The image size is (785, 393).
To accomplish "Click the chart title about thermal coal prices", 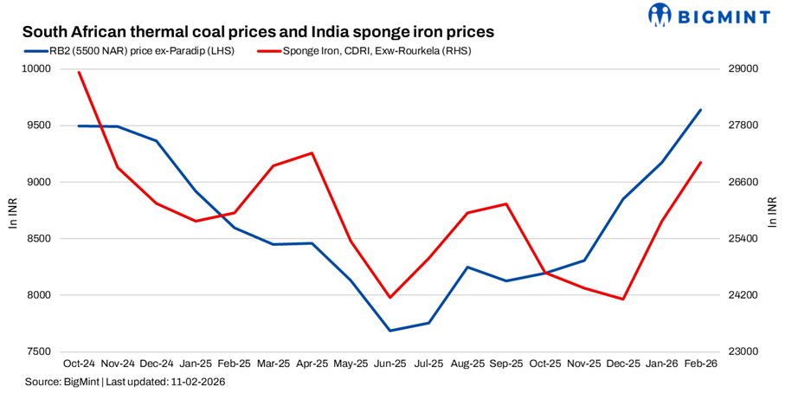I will tap(258, 31).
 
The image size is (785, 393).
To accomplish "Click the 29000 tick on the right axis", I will tap(736, 69).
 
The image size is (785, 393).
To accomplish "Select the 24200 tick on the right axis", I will tap(736, 296).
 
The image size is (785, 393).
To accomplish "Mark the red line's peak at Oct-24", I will tap(79, 72).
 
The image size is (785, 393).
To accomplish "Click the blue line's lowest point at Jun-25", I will tap(389, 331).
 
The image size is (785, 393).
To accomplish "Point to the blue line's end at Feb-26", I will tap(700, 110).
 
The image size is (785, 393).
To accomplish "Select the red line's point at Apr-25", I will tap(312, 153).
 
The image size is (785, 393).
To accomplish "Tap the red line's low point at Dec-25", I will tap(622, 300).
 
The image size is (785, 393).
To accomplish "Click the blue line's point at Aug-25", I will tap(467, 267).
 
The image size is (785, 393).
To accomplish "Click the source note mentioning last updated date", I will tap(126, 382).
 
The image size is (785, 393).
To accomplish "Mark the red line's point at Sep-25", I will tap(506, 204).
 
